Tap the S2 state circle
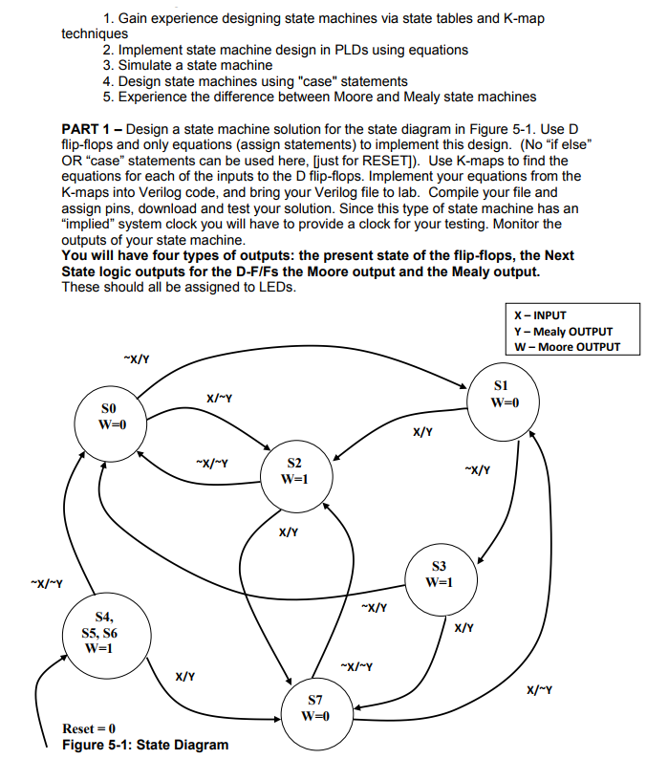tap(293, 469)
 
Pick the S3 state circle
tap(439, 574)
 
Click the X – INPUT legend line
tap(540, 315)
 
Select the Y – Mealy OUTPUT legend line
tap(563, 331)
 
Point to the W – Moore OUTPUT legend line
tap(567, 346)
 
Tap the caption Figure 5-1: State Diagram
tap(144, 745)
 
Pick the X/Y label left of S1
tap(422, 432)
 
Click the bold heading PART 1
tap(90, 129)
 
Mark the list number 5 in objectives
tap(109, 97)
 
